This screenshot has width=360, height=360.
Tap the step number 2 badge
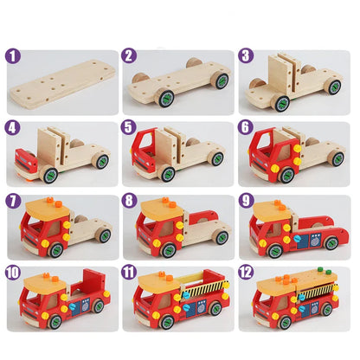pyautogui.click(x=130, y=57)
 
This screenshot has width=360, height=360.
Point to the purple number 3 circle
pyautogui.click(x=246, y=57)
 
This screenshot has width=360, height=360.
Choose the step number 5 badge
pyautogui.click(x=130, y=129)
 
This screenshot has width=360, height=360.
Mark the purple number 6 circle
pyautogui.click(x=246, y=129)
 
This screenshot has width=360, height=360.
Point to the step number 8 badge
pyautogui.click(x=130, y=202)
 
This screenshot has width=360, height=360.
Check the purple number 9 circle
pyautogui.click(x=246, y=202)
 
